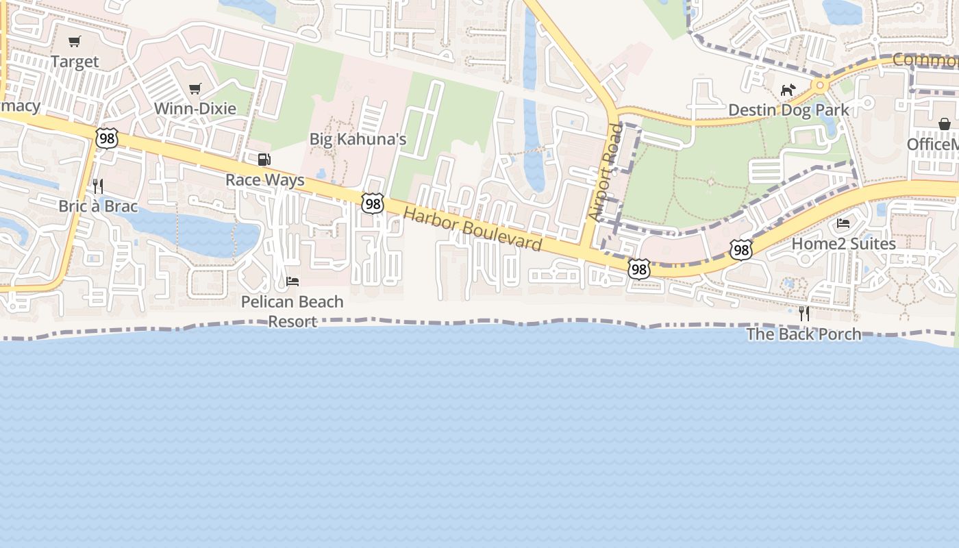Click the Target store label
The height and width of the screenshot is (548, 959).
click(75, 62)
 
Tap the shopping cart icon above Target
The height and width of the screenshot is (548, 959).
click(75, 42)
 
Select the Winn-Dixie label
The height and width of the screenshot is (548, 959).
click(195, 108)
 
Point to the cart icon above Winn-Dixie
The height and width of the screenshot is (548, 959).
click(195, 88)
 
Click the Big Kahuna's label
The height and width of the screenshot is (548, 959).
click(358, 139)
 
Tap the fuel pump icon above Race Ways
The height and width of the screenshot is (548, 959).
click(264, 160)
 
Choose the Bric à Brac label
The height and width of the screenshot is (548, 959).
click(98, 206)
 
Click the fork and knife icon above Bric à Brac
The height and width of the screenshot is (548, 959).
click(98, 186)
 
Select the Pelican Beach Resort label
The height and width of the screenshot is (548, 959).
click(292, 311)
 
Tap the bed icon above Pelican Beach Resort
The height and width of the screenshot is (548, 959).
click(292, 282)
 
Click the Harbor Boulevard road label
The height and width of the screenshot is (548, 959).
click(473, 229)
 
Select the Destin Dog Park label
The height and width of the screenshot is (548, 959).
click(788, 110)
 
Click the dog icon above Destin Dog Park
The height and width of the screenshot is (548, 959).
click(788, 90)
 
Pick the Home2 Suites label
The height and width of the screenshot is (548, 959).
click(843, 244)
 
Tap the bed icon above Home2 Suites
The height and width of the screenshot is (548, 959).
click(843, 223)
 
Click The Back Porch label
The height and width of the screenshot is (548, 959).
click(804, 334)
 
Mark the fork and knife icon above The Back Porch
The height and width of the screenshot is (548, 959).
click(804, 314)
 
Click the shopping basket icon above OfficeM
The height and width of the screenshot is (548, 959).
click(945, 124)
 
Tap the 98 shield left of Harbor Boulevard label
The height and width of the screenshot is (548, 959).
click(373, 203)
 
